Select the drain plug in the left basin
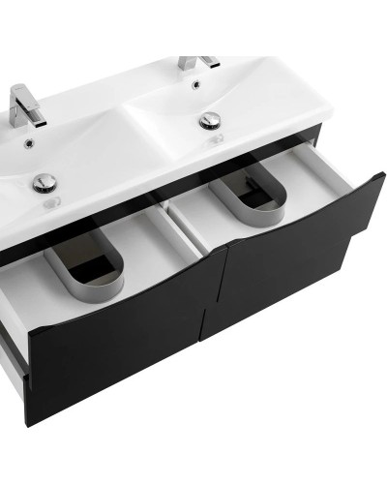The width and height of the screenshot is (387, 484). (44, 181)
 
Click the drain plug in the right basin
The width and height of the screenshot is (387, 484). (210, 121)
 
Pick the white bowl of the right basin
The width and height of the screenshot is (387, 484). (252, 116)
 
